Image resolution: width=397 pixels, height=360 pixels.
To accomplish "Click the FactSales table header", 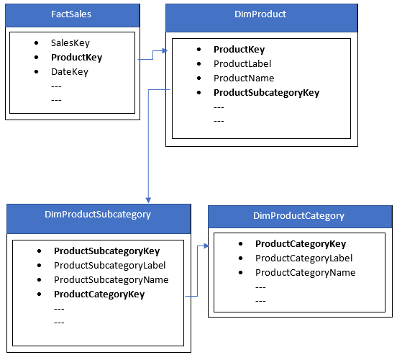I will (70, 14).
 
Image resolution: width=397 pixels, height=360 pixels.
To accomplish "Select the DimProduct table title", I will (261, 14).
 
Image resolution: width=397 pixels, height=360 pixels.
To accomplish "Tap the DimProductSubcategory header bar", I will (99, 215).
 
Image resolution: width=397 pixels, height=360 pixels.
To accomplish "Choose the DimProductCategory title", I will (298, 215).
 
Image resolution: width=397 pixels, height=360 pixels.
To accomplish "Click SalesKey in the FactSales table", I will (70, 43).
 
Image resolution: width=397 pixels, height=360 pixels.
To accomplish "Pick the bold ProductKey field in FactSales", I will (76, 58).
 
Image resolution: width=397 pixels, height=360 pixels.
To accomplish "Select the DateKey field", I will (69, 72).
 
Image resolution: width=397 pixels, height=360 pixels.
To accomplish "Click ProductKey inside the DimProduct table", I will (239, 50).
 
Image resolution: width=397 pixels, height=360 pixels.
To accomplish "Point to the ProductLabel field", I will (242, 64).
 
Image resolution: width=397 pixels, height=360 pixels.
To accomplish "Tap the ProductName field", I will (244, 78).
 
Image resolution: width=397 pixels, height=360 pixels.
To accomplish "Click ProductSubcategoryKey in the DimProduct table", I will (266, 93).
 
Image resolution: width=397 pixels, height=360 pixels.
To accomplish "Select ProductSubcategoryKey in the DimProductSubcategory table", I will (106, 251).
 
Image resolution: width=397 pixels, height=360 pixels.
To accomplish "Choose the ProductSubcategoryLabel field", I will (109, 265).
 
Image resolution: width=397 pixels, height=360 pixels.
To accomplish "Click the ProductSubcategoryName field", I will (111, 279).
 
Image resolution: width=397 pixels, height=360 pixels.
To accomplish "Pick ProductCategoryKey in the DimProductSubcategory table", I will (99, 294).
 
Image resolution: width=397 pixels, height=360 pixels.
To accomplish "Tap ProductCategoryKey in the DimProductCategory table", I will (301, 244).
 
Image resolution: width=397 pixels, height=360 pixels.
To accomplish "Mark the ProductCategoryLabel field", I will (304, 258).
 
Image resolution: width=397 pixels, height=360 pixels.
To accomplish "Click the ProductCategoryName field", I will (305, 272).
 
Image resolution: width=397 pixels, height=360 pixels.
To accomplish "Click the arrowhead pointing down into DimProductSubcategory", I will (147, 199).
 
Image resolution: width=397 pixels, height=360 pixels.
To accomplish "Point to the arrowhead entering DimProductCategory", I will (205, 246).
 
